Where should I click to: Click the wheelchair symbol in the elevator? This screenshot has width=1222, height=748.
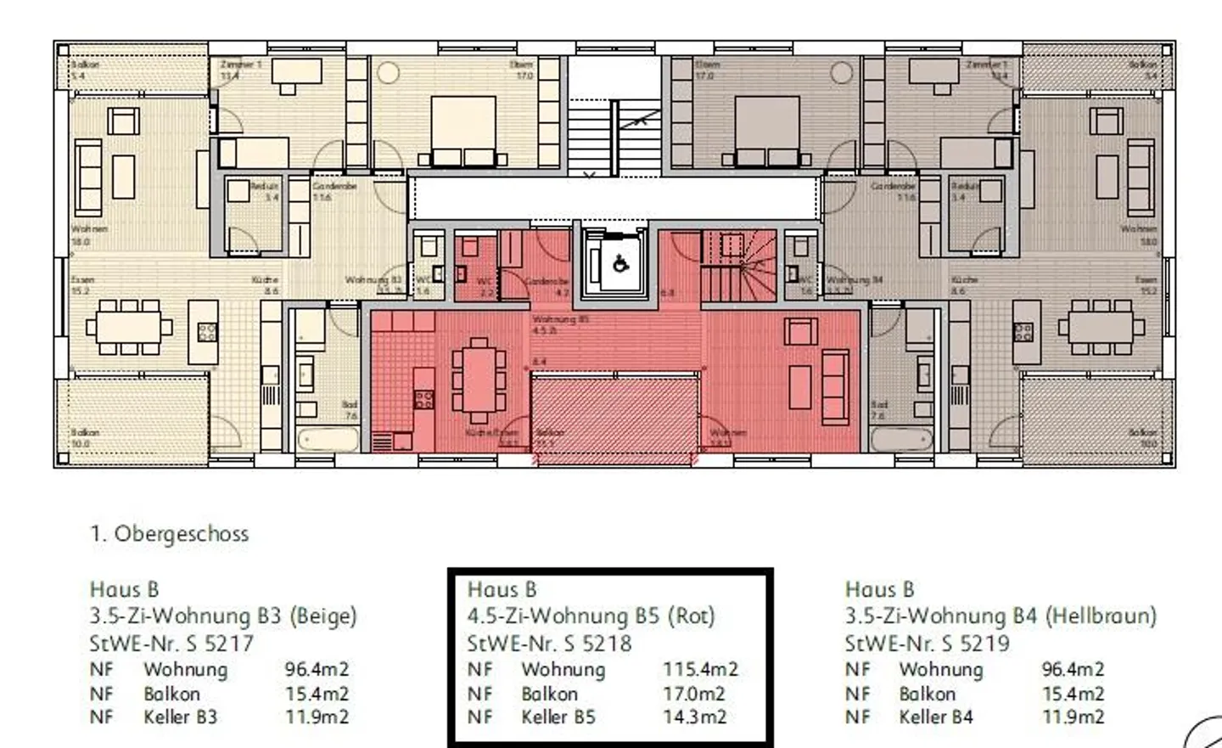point(620,264)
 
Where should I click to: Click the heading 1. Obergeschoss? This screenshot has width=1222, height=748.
point(169,534)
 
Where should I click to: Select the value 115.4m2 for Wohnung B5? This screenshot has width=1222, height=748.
point(700,669)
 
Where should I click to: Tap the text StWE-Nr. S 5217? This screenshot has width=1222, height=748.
point(171,644)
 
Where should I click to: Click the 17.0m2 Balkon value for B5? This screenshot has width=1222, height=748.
point(694,694)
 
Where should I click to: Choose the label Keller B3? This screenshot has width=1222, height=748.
point(180,717)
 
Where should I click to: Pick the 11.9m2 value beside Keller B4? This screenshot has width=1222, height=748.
point(1073,717)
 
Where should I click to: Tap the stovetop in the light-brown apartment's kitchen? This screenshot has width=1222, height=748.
point(1023,332)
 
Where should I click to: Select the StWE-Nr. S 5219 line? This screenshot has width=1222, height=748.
point(927,644)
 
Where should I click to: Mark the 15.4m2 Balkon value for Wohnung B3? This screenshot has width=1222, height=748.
point(317,694)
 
